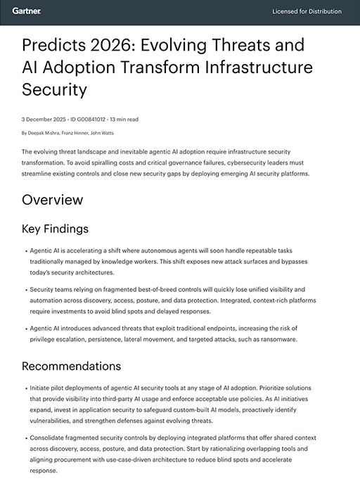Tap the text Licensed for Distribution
click(x=307, y=12)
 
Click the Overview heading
click(x=52, y=200)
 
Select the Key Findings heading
click(x=55, y=229)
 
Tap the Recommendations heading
click(x=71, y=366)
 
